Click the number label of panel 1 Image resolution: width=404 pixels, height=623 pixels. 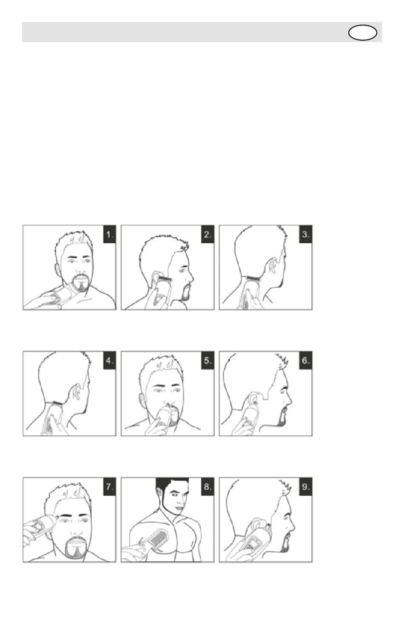tap(110, 234)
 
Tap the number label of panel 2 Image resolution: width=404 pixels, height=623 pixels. tap(208, 234)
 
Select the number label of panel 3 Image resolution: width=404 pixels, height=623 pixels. tap(306, 234)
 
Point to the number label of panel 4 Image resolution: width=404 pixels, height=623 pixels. tap(110, 361)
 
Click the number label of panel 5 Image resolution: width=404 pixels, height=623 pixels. tap(208, 361)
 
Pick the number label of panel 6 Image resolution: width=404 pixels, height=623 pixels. tap(306, 361)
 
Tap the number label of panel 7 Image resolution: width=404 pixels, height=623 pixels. tap(110, 487)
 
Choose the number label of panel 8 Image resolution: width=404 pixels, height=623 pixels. tap(208, 487)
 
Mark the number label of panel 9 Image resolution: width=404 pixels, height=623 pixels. tap(306, 487)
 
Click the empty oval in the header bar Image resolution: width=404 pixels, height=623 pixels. tap(362, 33)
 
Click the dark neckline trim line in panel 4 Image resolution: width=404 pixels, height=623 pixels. tap(55, 403)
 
